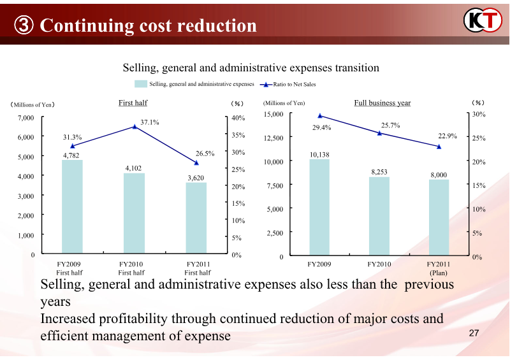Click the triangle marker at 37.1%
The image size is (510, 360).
pos(135,127)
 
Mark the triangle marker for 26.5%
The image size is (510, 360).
pos(196,163)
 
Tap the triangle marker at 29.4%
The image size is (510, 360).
pos(320,116)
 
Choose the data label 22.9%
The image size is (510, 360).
pos(448,136)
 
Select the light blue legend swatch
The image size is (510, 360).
pos(141,83)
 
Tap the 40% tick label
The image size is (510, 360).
pos(238,118)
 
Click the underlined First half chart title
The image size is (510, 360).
pos(133,103)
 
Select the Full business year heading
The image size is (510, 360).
pos(382,103)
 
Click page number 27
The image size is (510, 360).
pos(474,333)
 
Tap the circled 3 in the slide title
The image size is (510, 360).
pos(24,26)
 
